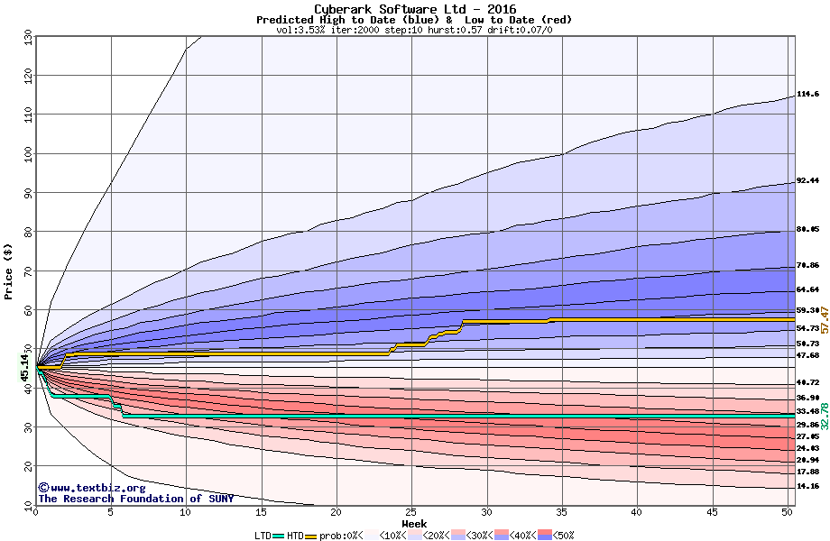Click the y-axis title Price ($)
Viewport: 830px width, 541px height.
pos(9,268)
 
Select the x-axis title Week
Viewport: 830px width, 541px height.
pos(414,524)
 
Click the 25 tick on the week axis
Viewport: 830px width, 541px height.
pos(411,512)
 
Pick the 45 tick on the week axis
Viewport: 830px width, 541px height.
pos(713,512)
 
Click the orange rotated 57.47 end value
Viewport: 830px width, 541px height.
pos(824,320)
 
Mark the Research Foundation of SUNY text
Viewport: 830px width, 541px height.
pos(135,499)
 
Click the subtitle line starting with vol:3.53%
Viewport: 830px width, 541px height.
pos(414,30)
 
